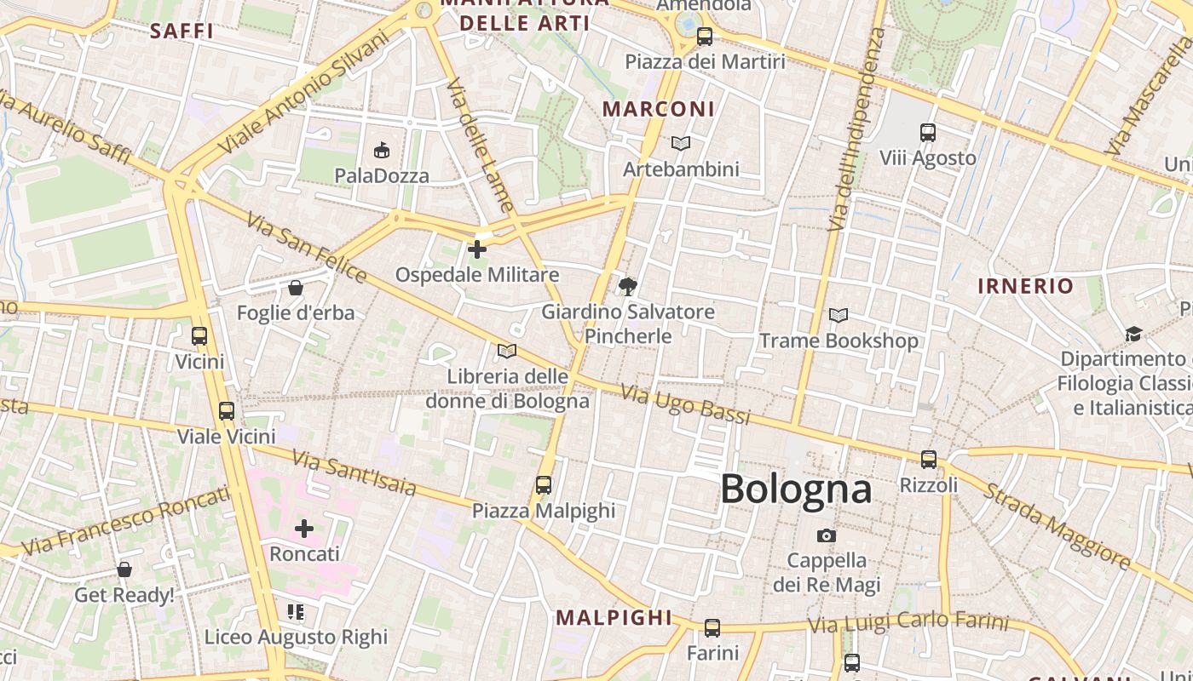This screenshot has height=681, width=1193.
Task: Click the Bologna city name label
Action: coord(796,489)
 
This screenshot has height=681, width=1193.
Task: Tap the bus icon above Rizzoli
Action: coord(929,460)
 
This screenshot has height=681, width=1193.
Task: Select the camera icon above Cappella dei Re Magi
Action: coord(826,535)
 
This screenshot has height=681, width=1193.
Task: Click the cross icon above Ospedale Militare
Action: coord(477,249)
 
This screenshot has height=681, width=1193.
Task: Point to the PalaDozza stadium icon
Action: coord(381,151)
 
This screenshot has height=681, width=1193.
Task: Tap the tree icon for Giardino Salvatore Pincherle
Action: coord(628,286)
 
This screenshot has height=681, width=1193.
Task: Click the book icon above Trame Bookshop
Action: coord(839,316)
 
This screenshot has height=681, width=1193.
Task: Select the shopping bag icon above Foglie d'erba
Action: coord(296,288)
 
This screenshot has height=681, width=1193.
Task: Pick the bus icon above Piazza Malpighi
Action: coord(544,485)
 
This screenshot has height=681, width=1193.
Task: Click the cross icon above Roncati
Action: coord(304,529)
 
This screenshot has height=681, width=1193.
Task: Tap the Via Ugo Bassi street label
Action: coord(685,403)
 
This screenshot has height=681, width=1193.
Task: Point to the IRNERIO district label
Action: coord(1025,286)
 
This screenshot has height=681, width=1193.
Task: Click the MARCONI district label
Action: coord(659,109)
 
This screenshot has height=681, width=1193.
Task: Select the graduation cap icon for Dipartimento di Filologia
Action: coord(1133,334)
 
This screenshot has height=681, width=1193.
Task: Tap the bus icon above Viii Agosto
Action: coord(928,133)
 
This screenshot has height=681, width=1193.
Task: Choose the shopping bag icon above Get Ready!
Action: coord(124,569)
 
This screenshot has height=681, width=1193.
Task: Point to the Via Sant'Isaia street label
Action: coord(354,473)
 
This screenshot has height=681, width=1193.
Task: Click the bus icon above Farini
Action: coord(712,628)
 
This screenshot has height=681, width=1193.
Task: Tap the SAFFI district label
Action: coord(181,31)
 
